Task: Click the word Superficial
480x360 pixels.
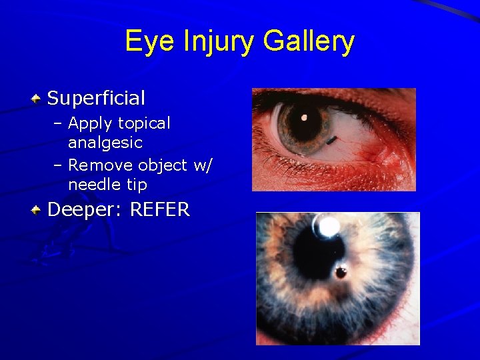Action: (96, 99)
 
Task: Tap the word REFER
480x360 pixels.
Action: (160, 211)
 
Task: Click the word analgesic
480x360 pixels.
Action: (105, 143)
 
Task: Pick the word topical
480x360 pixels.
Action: (144, 123)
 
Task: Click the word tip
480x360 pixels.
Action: (136, 185)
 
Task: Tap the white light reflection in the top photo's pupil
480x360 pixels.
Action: (304, 118)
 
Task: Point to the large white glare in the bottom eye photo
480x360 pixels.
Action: (326, 227)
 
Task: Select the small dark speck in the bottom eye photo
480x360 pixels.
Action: (341, 272)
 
